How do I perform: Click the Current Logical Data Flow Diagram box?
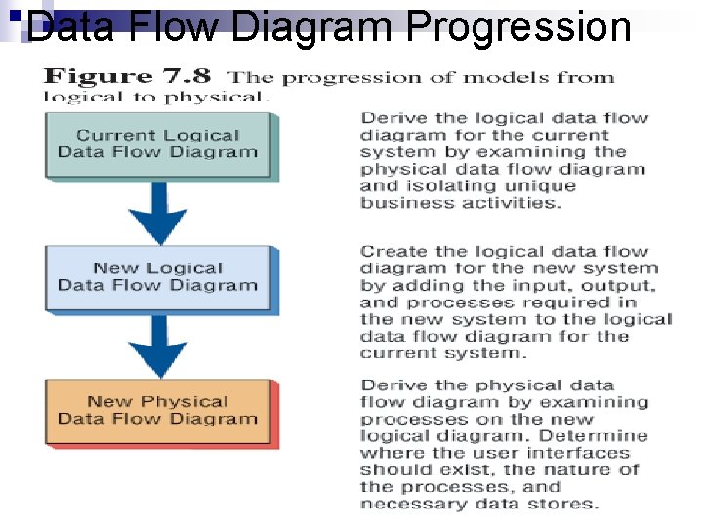point(157,144)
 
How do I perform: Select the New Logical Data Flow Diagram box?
point(157,277)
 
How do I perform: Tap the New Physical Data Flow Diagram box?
point(157,410)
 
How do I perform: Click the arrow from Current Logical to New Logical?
point(157,212)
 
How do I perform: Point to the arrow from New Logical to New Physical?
point(157,345)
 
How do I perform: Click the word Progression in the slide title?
point(517,26)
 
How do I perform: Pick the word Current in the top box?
point(108,136)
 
